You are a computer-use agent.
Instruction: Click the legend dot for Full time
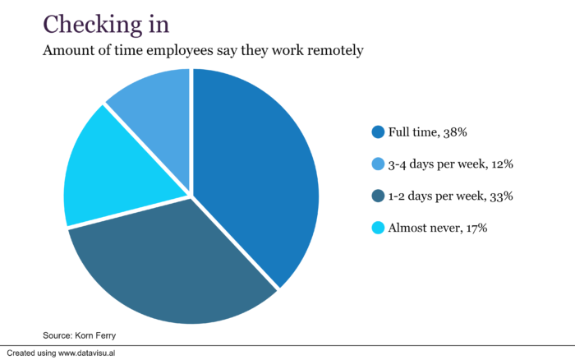click(378, 132)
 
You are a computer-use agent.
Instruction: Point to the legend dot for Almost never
click(378, 228)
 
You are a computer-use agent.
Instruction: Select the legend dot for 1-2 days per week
click(378, 196)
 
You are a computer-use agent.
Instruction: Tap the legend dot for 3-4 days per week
click(378, 164)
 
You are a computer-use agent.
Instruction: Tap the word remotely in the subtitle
click(333, 51)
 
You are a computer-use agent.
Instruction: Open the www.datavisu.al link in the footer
click(96, 353)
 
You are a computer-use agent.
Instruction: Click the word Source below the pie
click(57, 335)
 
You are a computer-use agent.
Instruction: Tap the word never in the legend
click(444, 228)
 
